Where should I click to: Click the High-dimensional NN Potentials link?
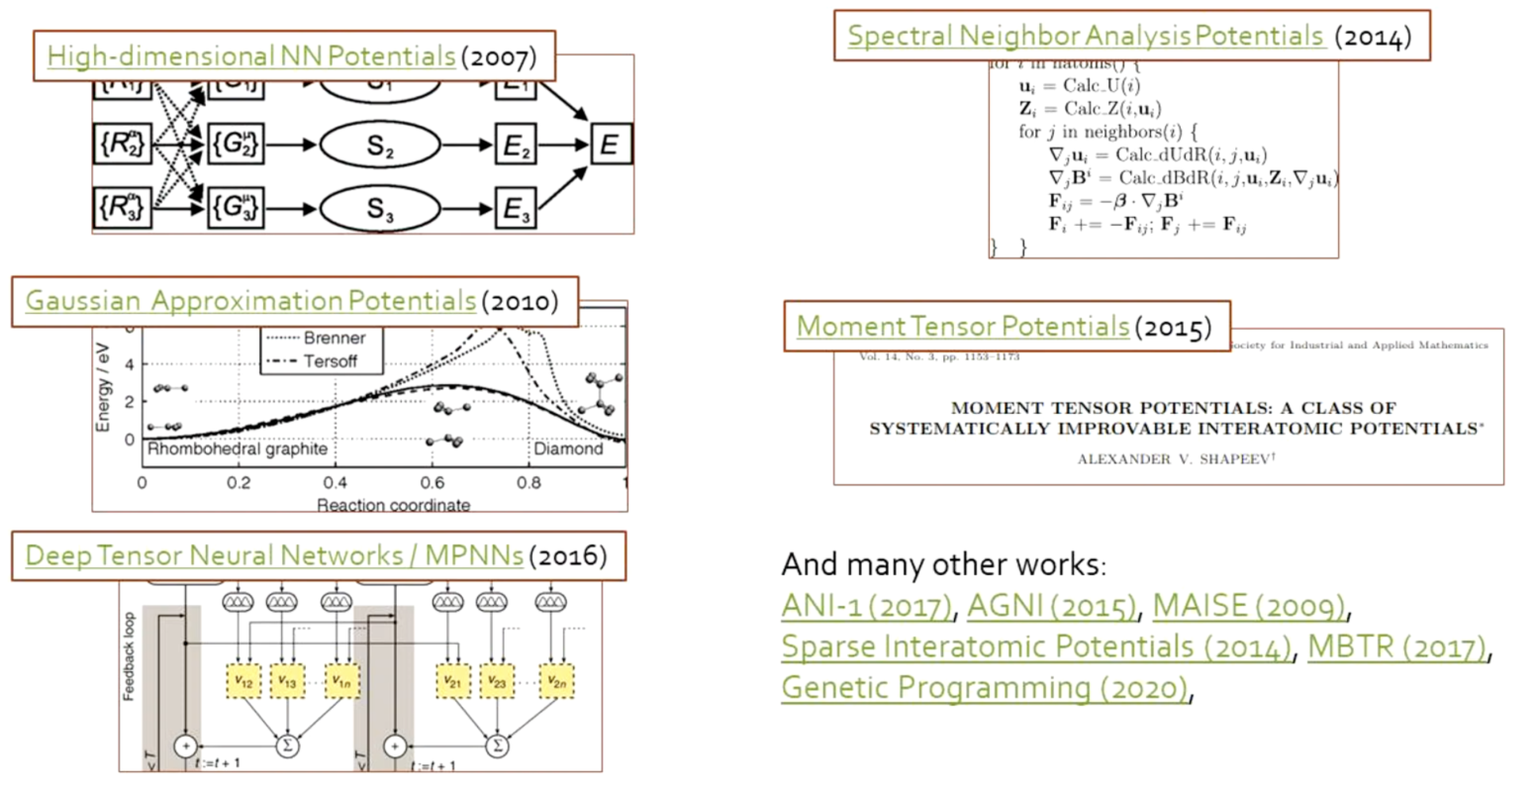(250, 55)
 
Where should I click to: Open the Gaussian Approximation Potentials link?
(250, 301)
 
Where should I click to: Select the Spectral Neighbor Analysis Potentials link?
(1086, 37)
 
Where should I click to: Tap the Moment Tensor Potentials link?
(962, 326)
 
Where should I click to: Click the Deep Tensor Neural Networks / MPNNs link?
(274, 555)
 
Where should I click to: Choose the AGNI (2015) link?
(1052, 605)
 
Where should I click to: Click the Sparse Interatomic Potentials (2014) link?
(1036, 646)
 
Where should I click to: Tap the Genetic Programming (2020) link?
(985, 687)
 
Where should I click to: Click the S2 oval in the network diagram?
(380, 146)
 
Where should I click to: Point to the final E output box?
(609, 146)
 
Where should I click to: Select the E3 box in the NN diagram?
(516, 209)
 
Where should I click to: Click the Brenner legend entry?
(334, 338)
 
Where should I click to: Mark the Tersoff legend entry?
(330, 361)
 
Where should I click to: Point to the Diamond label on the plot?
(568, 448)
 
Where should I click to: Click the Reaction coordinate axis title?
(393, 505)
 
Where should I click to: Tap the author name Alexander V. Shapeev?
(1169, 458)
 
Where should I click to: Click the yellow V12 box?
(244, 681)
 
